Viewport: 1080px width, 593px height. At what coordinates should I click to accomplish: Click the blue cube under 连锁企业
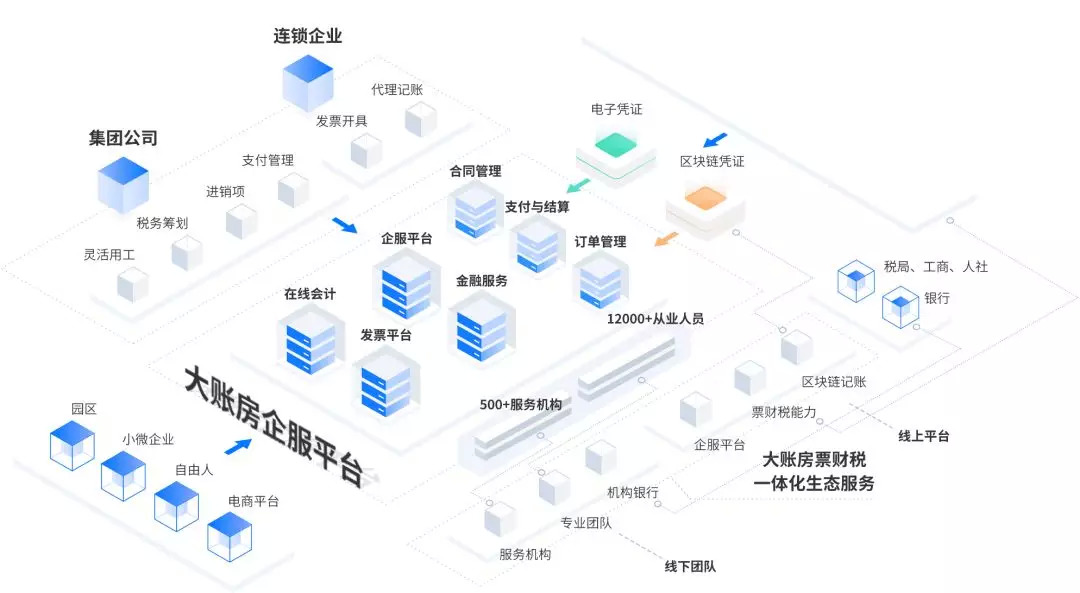coord(307,82)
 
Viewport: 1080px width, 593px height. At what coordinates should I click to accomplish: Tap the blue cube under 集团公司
coord(123,184)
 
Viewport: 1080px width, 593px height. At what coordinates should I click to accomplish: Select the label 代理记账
coord(397,90)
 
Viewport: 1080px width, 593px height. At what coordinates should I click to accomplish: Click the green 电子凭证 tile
coord(616,146)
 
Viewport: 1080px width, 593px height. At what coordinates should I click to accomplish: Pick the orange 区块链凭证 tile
coord(706,201)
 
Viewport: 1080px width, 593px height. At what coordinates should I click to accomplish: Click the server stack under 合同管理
coord(475,211)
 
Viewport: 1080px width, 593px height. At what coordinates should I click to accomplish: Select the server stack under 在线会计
coord(309,339)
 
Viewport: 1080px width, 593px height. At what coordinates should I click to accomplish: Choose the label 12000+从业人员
coord(655,319)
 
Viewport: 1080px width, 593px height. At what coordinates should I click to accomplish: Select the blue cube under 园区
coord(72,445)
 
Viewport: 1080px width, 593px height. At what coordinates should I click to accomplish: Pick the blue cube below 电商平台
coord(229,538)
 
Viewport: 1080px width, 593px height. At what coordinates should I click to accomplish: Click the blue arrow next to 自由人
coord(238,446)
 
